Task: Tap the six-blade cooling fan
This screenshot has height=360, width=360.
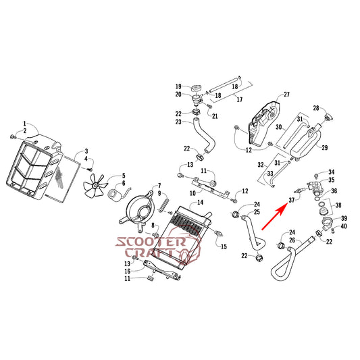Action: (95, 185)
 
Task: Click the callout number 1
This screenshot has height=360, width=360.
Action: (25, 124)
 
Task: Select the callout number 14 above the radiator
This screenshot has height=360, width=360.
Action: (200, 202)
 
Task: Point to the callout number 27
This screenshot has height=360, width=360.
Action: (286, 95)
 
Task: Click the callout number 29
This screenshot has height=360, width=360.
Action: (324, 148)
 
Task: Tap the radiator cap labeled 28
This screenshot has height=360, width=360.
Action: (328, 118)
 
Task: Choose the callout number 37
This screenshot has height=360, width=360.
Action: (292, 200)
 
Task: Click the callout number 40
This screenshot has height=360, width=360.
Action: (344, 226)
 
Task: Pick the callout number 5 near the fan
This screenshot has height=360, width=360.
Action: (124, 176)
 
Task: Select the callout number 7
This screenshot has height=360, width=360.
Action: (159, 186)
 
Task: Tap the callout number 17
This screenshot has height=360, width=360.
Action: (240, 100)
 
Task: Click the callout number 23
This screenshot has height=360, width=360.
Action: (178, 122)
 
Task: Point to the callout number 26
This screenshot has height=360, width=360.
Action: (292, 240)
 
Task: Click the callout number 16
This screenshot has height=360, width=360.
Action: (128, 271)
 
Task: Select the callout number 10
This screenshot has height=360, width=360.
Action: (192, 193)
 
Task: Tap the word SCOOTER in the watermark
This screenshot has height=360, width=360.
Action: (151, 242)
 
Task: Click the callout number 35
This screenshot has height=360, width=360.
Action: (332, 180)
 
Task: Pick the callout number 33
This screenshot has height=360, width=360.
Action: (269, 174)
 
